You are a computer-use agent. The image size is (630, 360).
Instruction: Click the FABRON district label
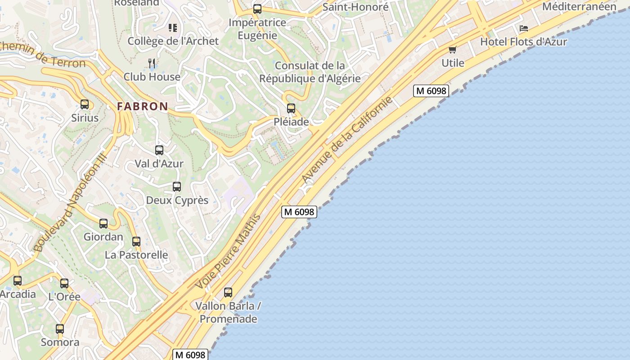pos(143,107)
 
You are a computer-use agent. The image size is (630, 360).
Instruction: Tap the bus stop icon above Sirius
pos(85,104)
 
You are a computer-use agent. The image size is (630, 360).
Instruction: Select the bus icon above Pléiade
pos(291,108)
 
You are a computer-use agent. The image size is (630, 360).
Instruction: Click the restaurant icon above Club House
pos(152,63)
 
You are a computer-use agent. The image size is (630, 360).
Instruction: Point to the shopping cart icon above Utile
pos(452,49)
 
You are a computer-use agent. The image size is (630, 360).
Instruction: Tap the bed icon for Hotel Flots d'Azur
pos(524,28)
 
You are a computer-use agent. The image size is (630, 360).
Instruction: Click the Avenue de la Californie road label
pos(347,140)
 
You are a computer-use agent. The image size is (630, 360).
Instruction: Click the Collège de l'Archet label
pos(173,41)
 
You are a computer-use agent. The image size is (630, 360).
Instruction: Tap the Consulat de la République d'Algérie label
pos(310,72)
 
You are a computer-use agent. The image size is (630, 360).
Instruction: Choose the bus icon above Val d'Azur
pos(159,150)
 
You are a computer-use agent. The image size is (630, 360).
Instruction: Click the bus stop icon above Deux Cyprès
pos(177,186)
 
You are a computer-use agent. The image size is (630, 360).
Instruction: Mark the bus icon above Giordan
pos(103,223)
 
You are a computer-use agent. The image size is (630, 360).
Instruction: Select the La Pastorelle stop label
pos(136,255)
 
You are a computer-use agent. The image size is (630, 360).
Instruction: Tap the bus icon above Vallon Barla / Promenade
pos(228,292)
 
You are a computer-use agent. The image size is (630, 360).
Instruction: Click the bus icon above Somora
pos(60,328)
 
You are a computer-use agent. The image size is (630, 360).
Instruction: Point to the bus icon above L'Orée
pos(64,283)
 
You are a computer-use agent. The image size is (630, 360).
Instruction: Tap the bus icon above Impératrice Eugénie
pos(257,9)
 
